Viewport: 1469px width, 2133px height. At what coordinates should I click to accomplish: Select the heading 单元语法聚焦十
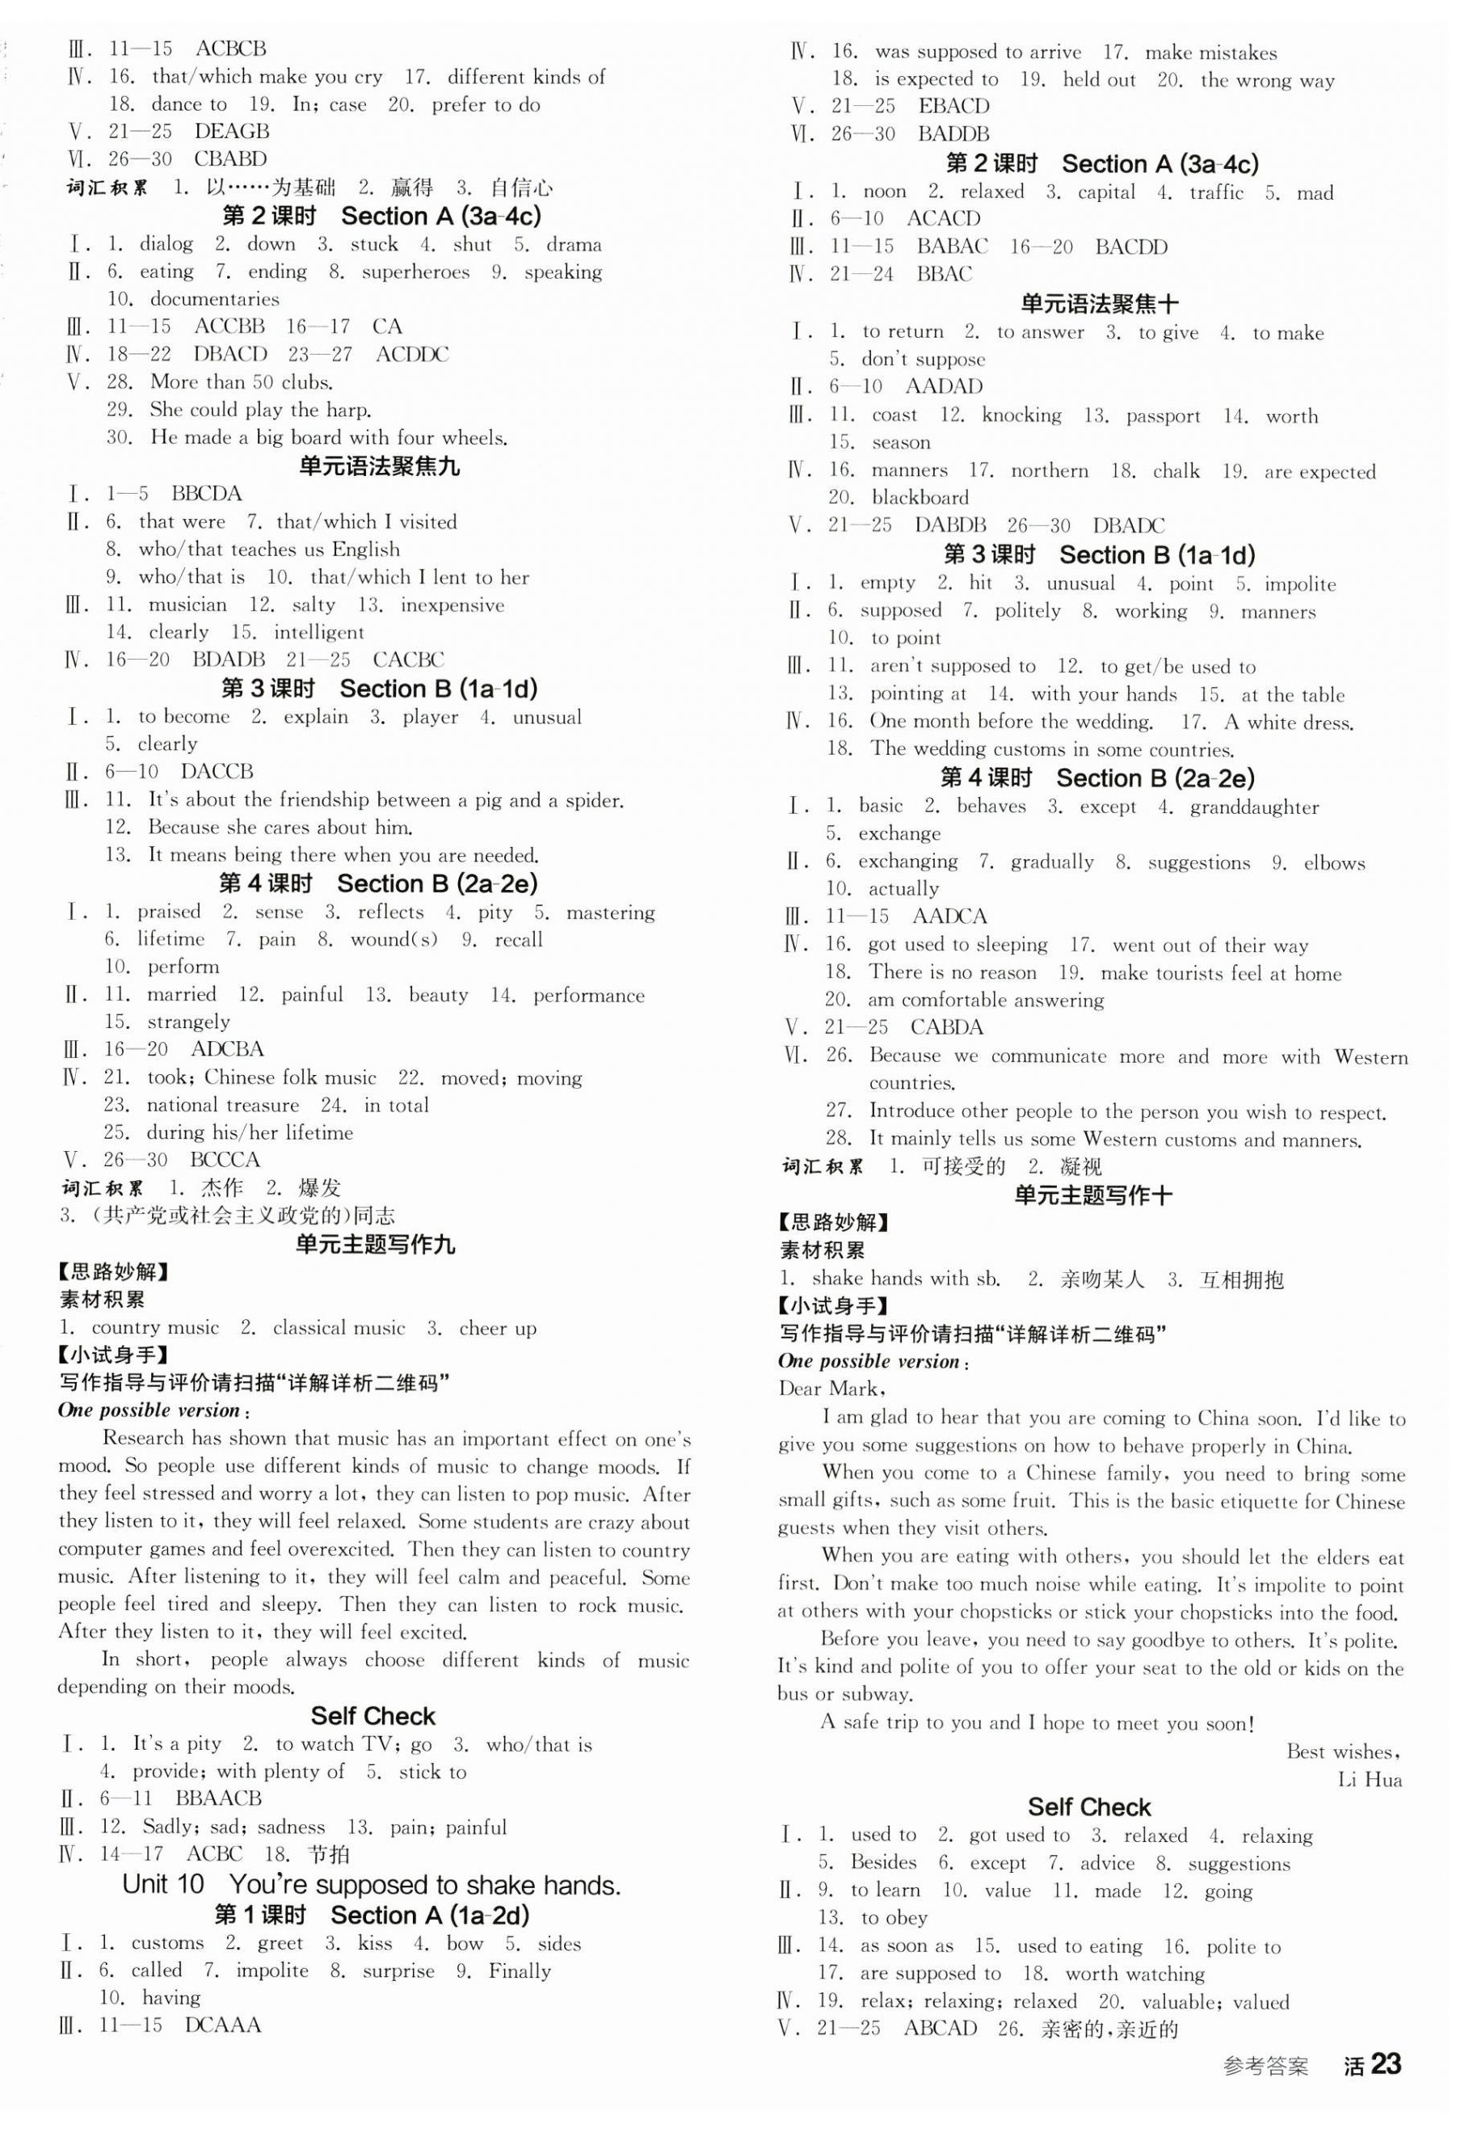1100,303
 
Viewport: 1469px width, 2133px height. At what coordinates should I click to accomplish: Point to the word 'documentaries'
214,299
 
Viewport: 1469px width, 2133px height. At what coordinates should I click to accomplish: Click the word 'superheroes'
415,272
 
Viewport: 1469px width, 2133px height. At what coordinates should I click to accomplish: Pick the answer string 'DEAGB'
232,132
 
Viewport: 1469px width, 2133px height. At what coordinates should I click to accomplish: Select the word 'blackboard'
920,498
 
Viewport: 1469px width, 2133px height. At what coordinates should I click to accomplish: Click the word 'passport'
1164,416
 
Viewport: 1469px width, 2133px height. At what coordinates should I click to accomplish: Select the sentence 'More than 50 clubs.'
241,382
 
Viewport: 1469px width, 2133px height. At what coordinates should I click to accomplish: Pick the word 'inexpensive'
452,605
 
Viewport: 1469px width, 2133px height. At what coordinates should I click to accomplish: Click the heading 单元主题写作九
375,1245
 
